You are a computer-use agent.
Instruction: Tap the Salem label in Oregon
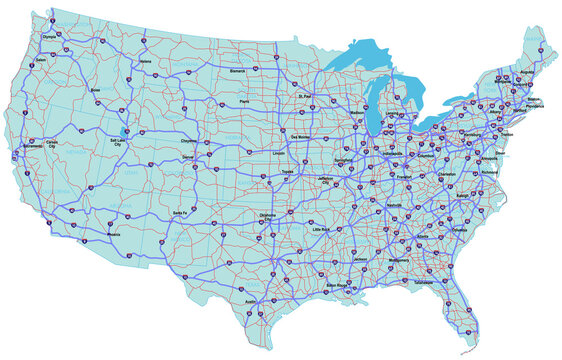[40, 60]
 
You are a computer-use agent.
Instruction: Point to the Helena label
[146, 62]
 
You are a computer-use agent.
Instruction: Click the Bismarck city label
[238, 72]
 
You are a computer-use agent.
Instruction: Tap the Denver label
[190, 158]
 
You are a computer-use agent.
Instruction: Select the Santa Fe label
[179, 213]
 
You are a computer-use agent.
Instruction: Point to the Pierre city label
[242, 102]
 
